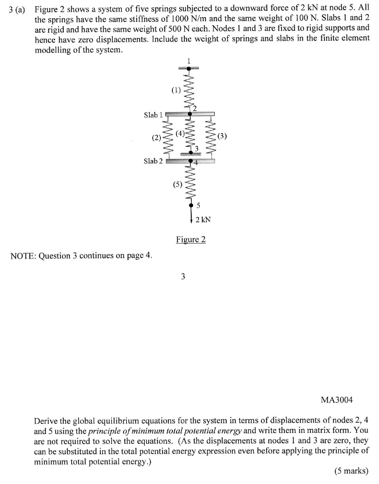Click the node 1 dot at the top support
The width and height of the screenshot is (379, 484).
[x=189, y=69]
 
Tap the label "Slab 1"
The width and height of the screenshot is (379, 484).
[x=153, y=115]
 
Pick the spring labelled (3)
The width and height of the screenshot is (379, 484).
[x=211, y=138]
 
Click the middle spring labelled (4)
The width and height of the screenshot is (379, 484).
[x=189, y=135]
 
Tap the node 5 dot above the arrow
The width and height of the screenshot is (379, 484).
[x=190, y=205]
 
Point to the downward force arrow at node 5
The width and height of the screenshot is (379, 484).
[x=190, y=216]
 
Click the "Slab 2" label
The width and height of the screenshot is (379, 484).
[x=153, y=161]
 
